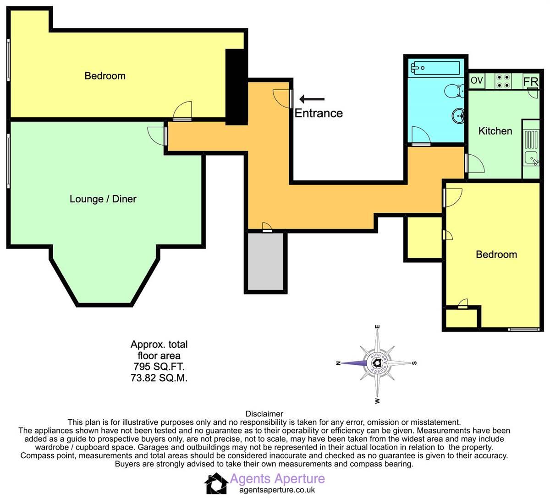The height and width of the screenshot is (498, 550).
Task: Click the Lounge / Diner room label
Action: click(103, 199)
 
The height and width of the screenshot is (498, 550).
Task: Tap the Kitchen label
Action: click(495, 131)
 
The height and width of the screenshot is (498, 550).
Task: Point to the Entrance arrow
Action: click(312, 99)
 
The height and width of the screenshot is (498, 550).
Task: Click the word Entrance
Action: click(319, 113)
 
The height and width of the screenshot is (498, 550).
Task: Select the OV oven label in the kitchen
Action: click(477, 81)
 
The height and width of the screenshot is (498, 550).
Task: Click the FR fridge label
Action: click(531, 81)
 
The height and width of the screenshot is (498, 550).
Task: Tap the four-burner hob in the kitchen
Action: click(503, 81)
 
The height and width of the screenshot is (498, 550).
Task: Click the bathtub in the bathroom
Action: click(435, 68)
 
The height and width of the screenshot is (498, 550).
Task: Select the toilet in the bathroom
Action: click(454, 91)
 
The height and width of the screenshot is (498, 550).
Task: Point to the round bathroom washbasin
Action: click(458, 116)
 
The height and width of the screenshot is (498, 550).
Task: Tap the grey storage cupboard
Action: click(265, 261)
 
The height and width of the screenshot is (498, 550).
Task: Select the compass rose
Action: click(377, 363)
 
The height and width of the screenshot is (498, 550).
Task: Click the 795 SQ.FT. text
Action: click(159, 367)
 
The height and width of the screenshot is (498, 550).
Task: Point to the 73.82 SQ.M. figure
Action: click(159, 378)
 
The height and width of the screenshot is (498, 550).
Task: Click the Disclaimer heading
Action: click(264, 414)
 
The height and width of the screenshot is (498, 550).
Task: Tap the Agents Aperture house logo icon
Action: click(216, 483)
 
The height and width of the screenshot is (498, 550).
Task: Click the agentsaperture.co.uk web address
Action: click(277, 490)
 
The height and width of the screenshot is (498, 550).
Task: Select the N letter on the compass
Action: click(338, 363)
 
